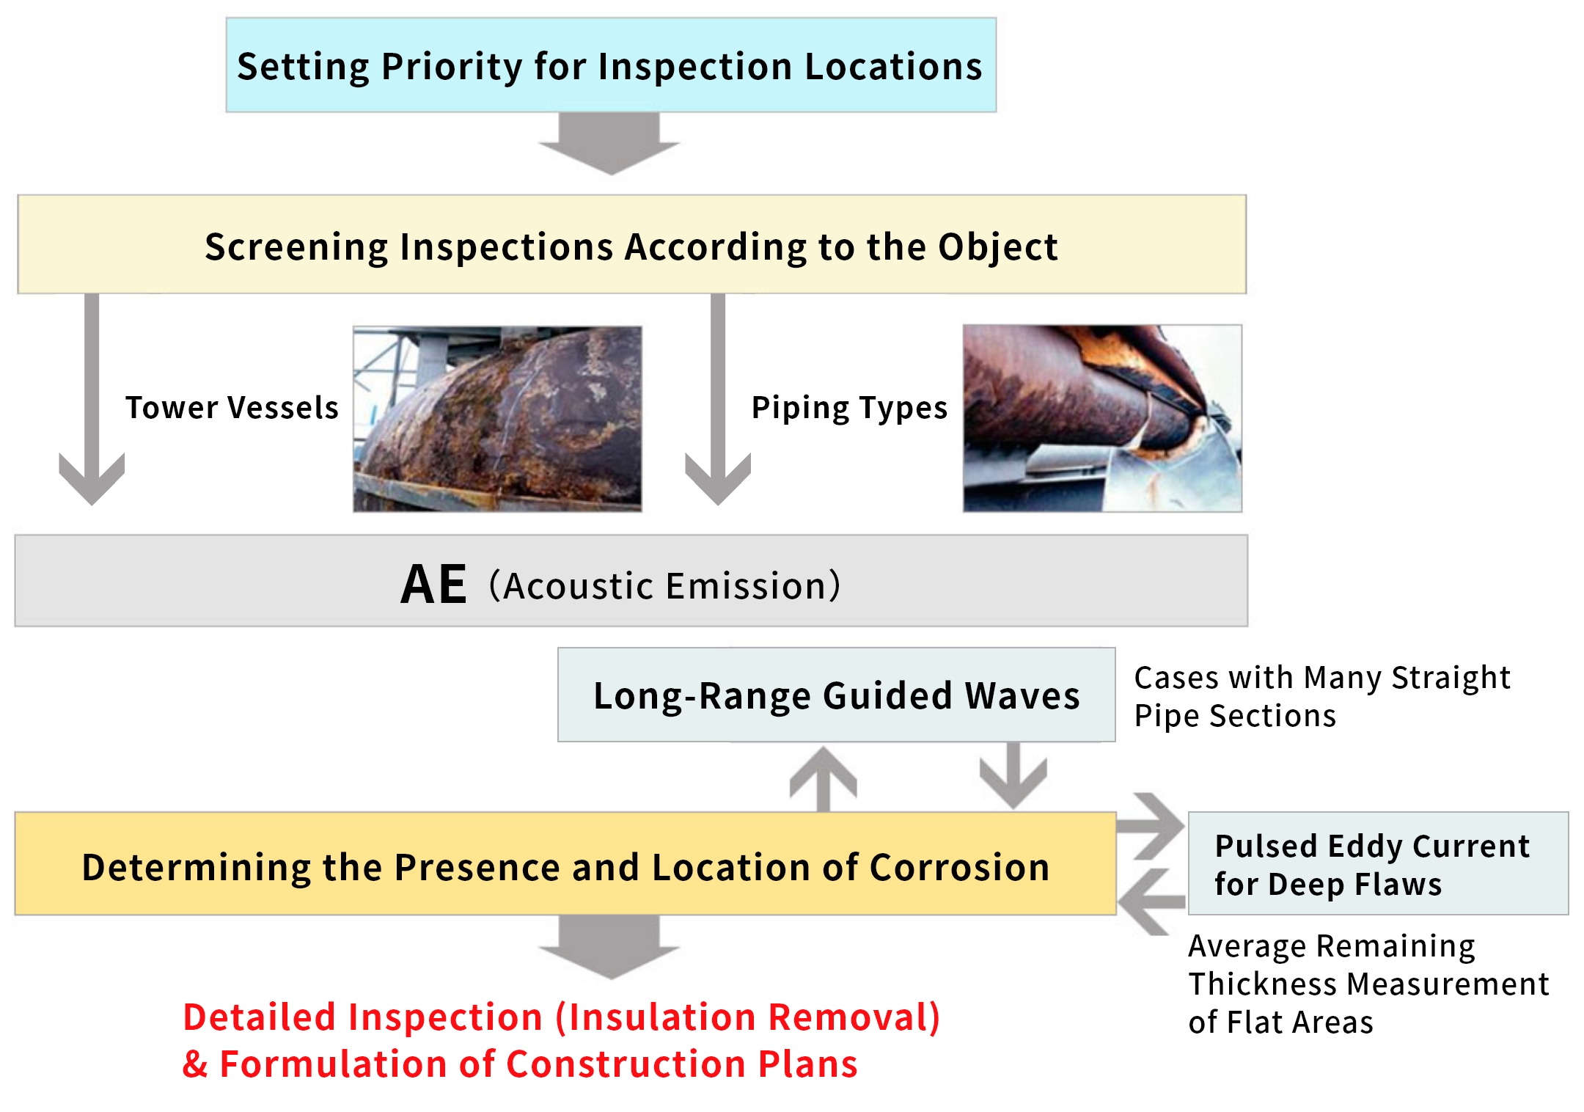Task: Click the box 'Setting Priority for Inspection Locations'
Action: [x=611, y=65]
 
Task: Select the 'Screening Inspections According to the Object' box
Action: [x=631, y=244]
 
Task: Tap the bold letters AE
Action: [x=433, y=585]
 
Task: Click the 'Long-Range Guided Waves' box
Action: [x=836, y=695]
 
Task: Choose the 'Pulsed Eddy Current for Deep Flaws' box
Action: [x=1378, y=863]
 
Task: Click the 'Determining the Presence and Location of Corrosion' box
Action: [x=565, y=863]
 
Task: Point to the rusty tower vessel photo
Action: [x=497, y=419]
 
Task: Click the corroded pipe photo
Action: [x=1102, y=418]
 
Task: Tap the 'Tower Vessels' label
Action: [x=232, y=408]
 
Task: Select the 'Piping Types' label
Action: [x=849, y=409]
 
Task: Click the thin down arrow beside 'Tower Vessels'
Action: [x=92, y=400]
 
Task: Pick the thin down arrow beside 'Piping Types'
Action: [x=718, y=400]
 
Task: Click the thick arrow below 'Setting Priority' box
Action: [x=609, y=144]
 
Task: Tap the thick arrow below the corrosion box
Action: [x=609, y=947]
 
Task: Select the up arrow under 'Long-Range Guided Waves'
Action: [x=824, y=779]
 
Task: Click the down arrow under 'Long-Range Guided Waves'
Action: [x=1013, y=775]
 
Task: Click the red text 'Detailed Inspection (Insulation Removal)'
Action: [x=562, y=1017]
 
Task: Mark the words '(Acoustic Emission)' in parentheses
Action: [x=664, y=585]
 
